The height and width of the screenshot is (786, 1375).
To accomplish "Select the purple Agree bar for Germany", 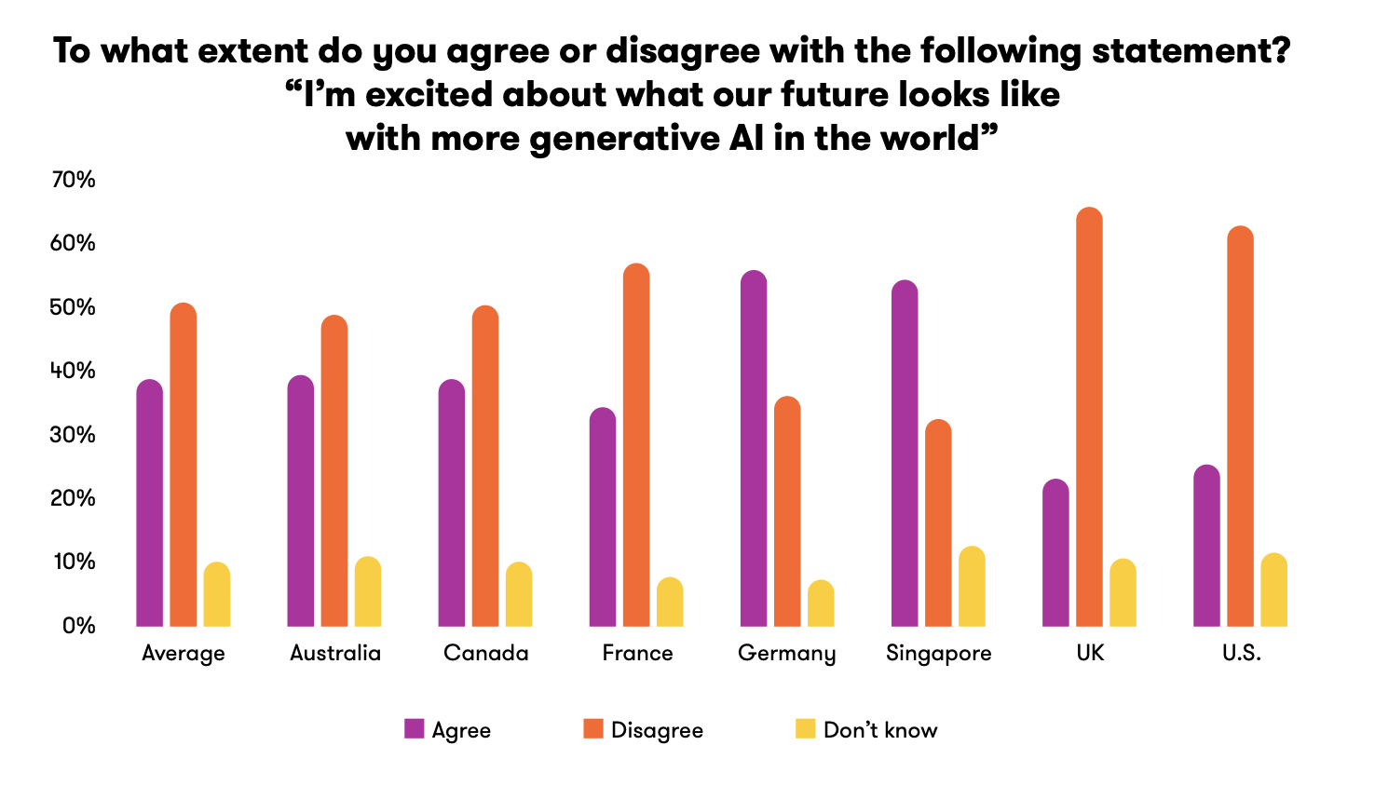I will tap(754, 448).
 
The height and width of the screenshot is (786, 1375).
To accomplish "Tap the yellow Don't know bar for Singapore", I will tap(972, 586).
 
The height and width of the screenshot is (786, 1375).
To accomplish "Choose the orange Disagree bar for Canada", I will tap(485, 466).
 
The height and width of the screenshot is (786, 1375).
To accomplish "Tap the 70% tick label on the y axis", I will tap(74, 180).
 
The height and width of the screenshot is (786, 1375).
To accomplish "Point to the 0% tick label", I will tap(79, 626).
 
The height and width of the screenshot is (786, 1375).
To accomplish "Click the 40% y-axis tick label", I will tap(74, 371).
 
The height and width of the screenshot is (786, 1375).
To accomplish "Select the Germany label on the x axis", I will tap(787, 654).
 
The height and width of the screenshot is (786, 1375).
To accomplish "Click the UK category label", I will tap(1090, 653).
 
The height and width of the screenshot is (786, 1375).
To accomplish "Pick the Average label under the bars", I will tap(184, 654).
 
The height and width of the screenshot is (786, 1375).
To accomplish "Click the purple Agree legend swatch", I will tap(415, 728).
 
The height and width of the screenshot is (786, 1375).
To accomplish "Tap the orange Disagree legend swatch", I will tap(593, 728).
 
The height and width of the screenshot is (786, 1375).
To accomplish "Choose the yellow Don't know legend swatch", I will tap(806, 728).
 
